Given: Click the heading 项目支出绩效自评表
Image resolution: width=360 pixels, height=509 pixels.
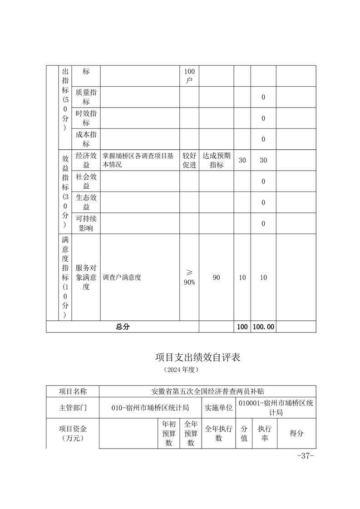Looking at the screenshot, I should pos(197,357).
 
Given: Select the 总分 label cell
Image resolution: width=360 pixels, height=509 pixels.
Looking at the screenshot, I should pos(123,327).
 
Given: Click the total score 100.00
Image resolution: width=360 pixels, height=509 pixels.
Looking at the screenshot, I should pos(263,327).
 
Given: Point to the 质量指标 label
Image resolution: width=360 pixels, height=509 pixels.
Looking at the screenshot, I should pos(86,97).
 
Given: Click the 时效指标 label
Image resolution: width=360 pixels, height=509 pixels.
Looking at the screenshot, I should pos(86,118).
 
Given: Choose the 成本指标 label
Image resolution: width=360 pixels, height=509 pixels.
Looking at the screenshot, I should pos(86,139).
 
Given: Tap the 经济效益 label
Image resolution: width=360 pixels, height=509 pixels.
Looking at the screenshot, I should pos(86,160).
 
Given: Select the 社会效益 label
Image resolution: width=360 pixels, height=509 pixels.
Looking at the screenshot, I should pos(86,181).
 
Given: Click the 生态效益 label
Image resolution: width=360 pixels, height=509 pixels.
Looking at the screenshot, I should pos(86,202).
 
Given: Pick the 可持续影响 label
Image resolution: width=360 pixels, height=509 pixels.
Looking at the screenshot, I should pos(86,223).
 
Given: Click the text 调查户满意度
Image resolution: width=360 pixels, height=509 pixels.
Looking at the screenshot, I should pos(122,277).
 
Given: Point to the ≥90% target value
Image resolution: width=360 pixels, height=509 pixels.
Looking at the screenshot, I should pos(189,277).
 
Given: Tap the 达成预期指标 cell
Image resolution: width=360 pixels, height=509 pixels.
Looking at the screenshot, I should pos(216,160).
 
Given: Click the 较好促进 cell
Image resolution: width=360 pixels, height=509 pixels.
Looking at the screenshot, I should pos(189,160).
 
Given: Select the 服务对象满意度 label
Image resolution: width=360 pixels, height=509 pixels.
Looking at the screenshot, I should pos(86,277).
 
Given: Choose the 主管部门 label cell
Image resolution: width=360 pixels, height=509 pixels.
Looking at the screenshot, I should pos(73,408).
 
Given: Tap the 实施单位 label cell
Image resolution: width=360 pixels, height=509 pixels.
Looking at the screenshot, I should pos(219,408).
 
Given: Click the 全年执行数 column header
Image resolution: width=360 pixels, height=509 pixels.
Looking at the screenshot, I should pos(219,433).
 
